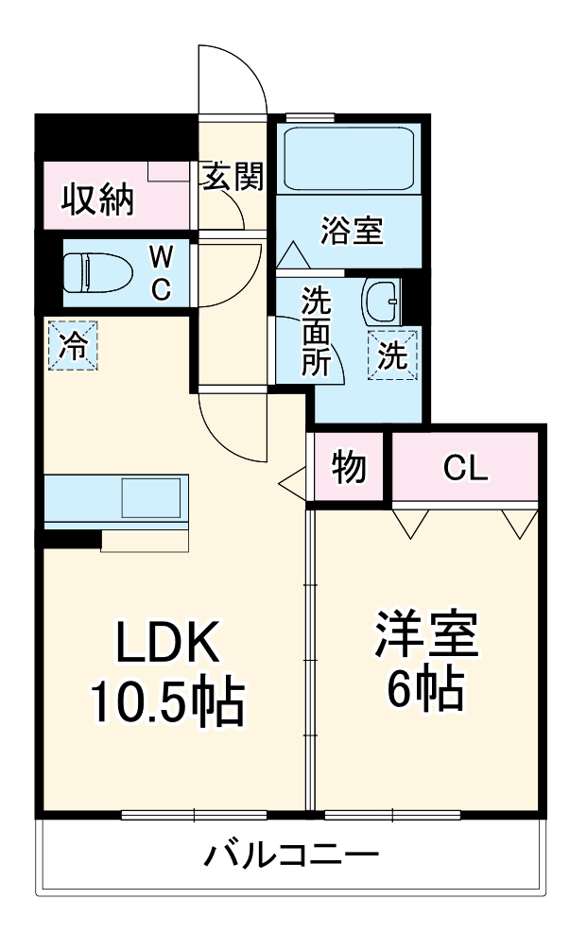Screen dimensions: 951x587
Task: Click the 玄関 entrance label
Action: [230, 177]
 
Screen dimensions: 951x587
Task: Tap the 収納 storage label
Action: [98, 200]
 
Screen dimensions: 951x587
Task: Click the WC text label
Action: [163, 273]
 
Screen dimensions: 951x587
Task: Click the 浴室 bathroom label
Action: [352, 231]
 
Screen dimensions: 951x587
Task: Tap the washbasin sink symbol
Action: [384, 301]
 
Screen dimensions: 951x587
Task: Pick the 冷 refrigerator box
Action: [73, 345]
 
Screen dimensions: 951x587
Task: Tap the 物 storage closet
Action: [349, 467]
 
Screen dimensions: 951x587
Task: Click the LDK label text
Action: [167, 645]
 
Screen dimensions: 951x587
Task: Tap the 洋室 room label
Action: [425, 638]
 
